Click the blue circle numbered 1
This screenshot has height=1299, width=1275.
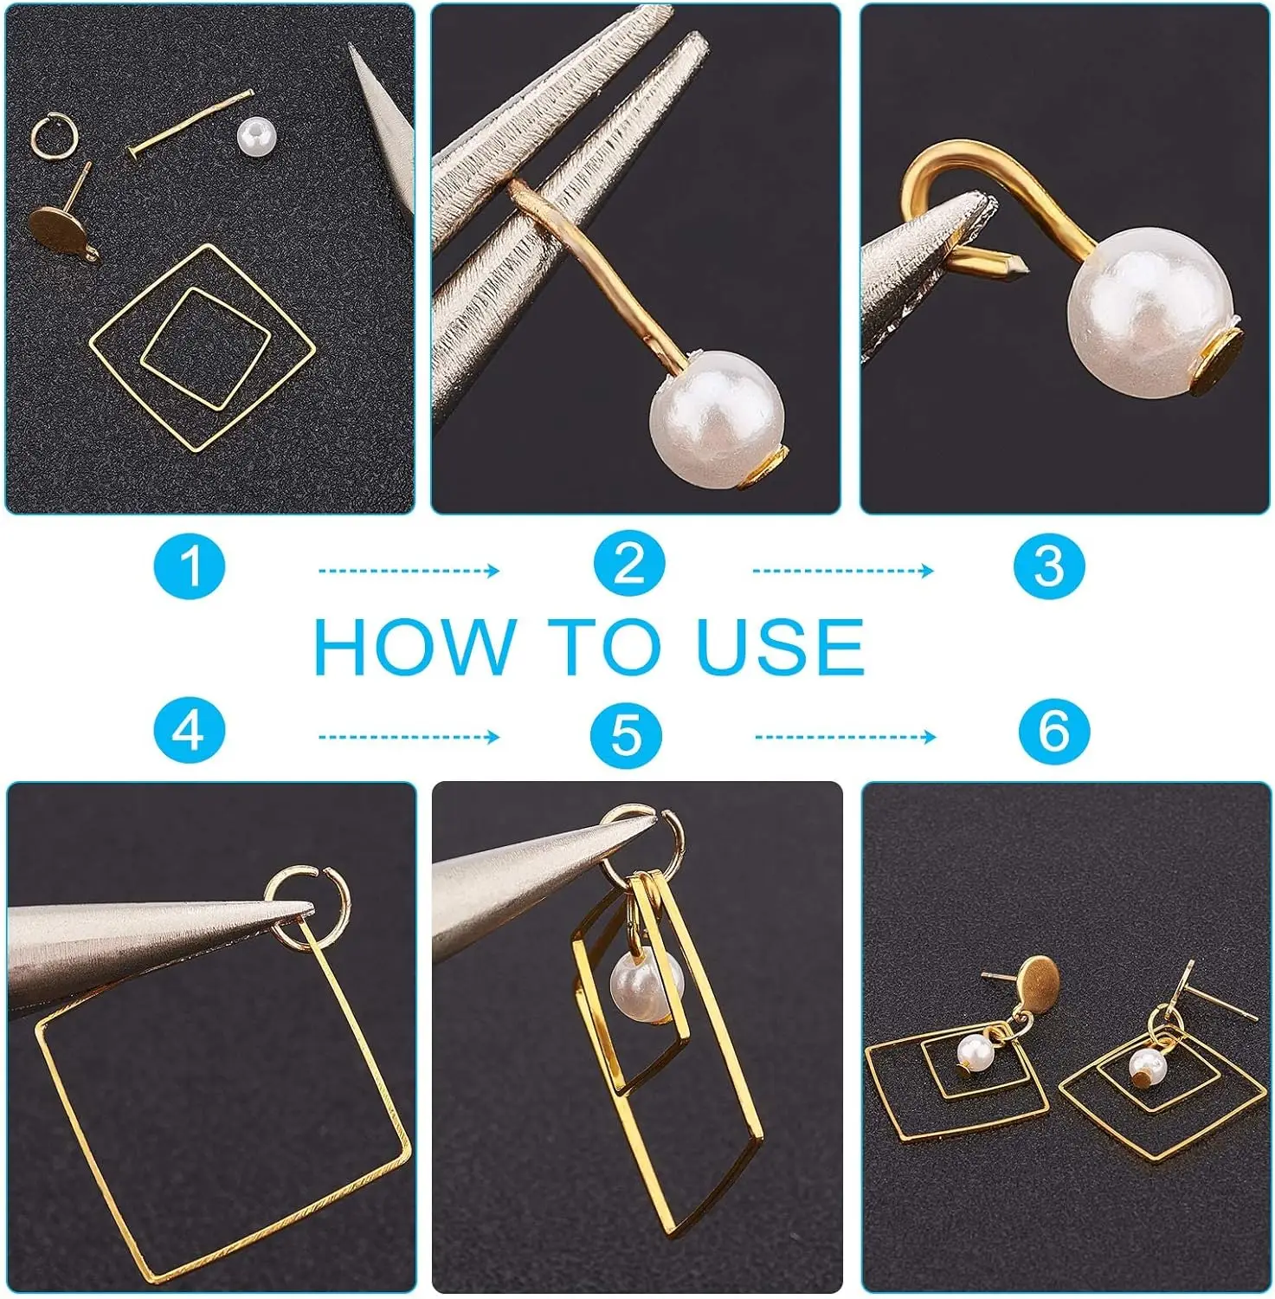tap(190, 567)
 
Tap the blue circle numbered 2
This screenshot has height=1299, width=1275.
tap(629, 564)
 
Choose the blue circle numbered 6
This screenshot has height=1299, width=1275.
tap(1053, 730)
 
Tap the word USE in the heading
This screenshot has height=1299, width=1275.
tap(780, 647)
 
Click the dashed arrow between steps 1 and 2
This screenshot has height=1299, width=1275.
tap(409, 571)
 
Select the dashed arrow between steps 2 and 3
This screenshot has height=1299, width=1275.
tap(843, 571)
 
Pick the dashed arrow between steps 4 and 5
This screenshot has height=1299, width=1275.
tap(409, 737)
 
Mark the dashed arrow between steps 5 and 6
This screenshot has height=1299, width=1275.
tap(846, 737)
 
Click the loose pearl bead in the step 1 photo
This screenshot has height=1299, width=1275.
tap(255, 137)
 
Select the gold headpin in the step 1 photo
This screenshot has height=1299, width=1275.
tap(190, 124)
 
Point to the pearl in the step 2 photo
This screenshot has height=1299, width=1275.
tap(718, 418)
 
